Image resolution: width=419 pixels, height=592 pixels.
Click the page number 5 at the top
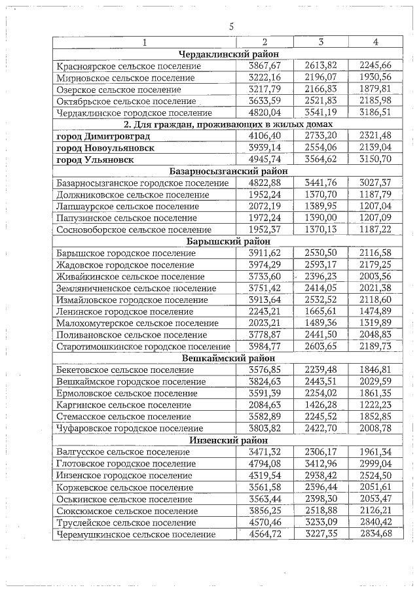click(x=231, y=27)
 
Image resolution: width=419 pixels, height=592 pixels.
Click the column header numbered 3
click(x=321, y=43)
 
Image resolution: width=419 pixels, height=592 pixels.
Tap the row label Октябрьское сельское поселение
click(x=126, y=101)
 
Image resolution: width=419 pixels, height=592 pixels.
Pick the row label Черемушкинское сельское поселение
click(x=136, y=534)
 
